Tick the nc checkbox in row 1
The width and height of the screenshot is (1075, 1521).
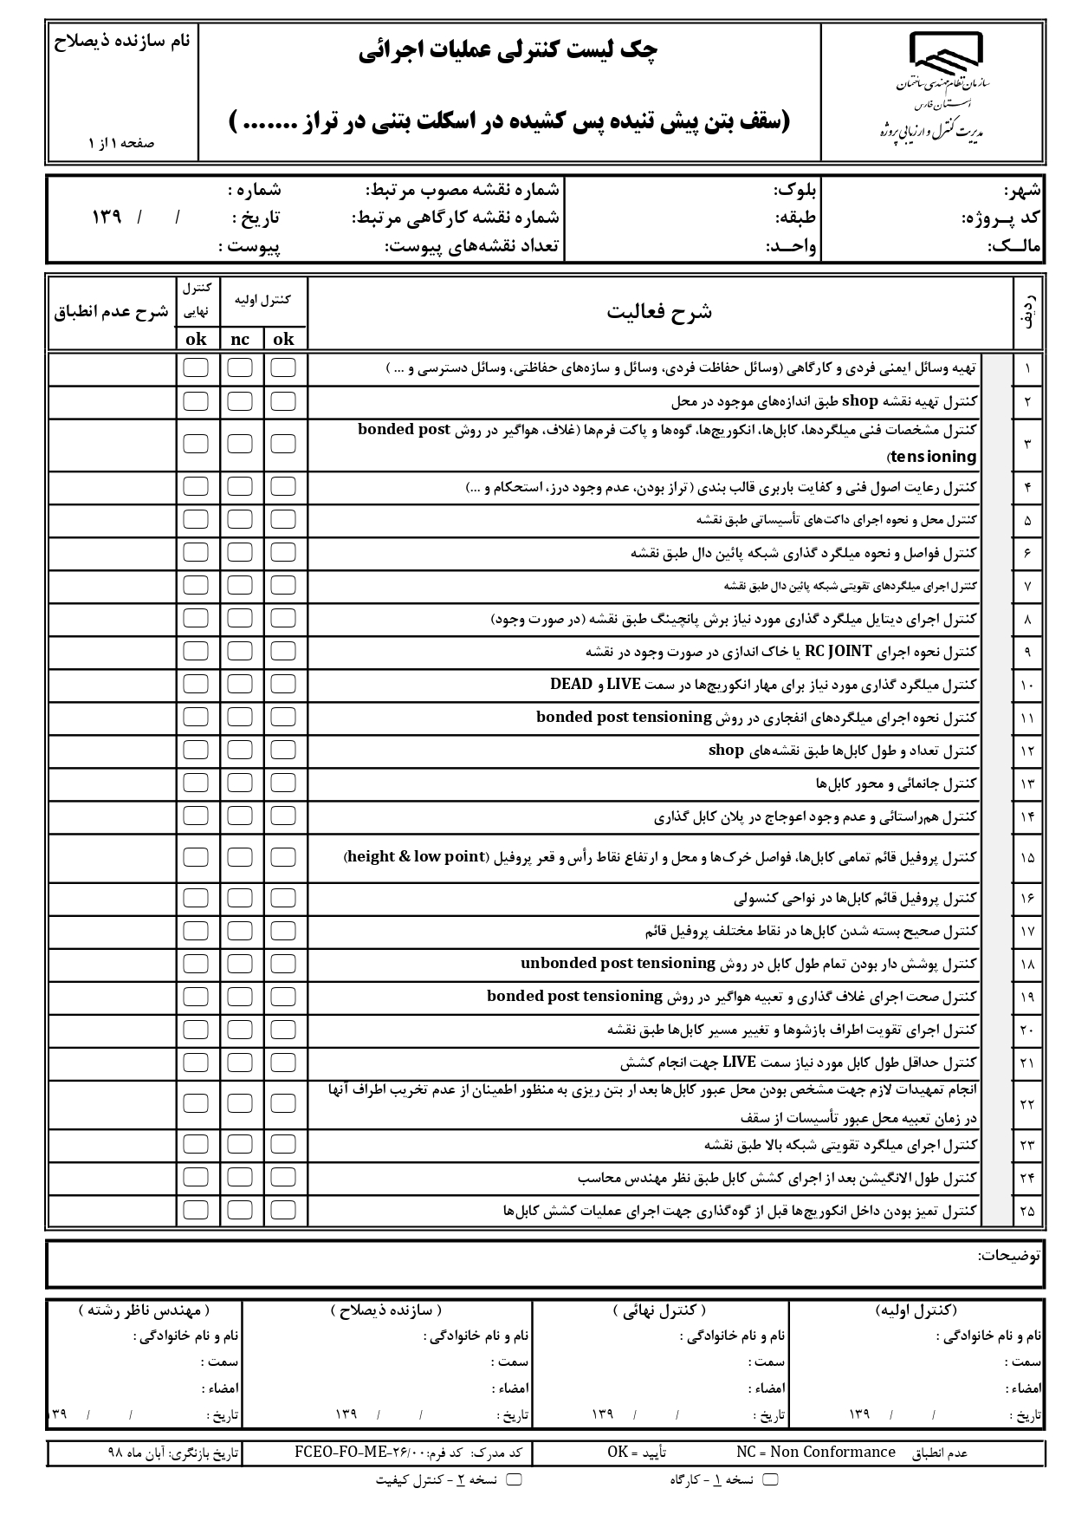pyautogui.click(x=240, y=367)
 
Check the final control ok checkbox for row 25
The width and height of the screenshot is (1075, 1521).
pyautogui.click(x=196, y=1210)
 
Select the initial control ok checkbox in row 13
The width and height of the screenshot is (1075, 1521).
pyautogui.click(x=283, y=783)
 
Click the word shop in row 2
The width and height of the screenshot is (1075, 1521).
pyautogui.click(x=860, y=401)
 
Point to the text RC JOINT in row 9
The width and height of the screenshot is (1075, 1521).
pyautogui.click(x=839, y=651)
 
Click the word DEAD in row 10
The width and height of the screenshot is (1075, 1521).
pyautogui.click(x=571, y=684)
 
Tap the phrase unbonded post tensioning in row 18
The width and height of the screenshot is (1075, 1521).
pyautogui.click(x=618, y=963)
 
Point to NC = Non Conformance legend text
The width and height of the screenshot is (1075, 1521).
pyautogui.click(x=815, y=1452)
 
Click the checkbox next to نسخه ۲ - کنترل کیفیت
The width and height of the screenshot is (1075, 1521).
pyautogui.click(x=514, y=1479)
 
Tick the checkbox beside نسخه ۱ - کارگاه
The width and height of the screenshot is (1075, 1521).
pyautogui.click(x=769, y=1479)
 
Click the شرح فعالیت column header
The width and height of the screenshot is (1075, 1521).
pyautogui.click(x=659, y=312)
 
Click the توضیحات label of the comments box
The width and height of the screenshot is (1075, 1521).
pyautogui.click(x=1009, y=1255)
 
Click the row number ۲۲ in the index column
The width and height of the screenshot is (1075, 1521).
pyautogui.click(x=1026, y=1104)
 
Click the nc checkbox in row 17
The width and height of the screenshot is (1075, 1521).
pyautogui.click(x=240, y=931)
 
